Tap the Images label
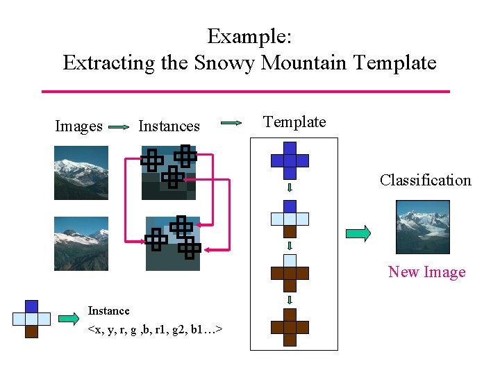(x=78, y=126)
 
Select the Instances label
(x=169, y=126)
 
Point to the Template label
(x=294, y=122)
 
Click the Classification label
(x=425, y=181)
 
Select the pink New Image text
(x=426, y=272)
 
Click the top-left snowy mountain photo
(x=81, y=173)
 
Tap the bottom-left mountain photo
(x=81, y=243)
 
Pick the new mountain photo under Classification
(x=423, y=227)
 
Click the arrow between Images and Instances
(x=119, y=127)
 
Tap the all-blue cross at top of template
(x=290, y=160)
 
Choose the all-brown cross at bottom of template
(x=290, y=327)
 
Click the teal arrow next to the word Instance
(x=69, y=319)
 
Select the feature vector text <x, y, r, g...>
(x=155, y=327)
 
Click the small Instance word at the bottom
(x=108, y=311)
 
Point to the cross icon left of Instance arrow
(x=31, y=319)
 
